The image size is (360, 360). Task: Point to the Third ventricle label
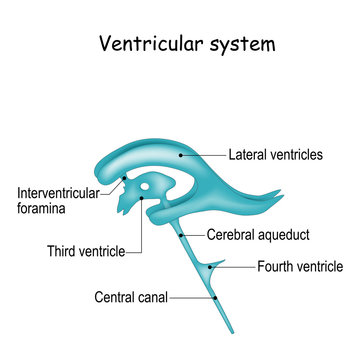coord(86,252)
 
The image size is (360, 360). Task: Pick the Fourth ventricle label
coord(299,267)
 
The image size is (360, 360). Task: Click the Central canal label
coord(131,297)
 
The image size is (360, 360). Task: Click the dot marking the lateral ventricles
coord(181,154)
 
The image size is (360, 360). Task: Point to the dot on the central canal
coord(214,297)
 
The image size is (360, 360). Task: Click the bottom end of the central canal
coord(232,334)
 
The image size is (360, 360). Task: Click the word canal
coord(151,297)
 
